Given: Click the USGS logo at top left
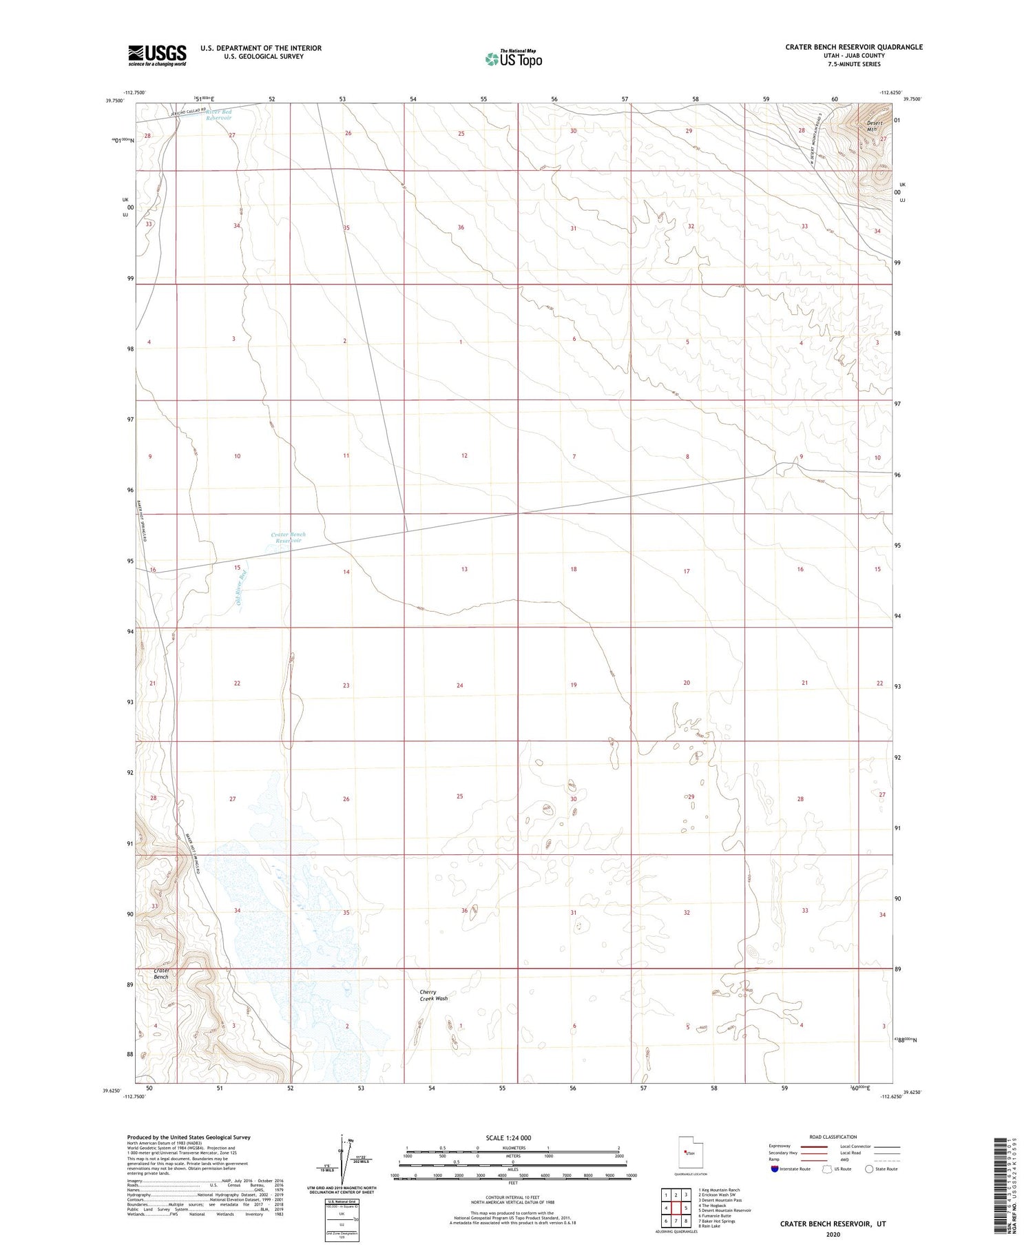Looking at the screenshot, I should pos(157,55).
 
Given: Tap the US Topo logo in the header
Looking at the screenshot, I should pos(514,59).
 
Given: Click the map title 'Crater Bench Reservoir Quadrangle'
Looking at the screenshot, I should pos(853,47).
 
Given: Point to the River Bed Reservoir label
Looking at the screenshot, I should pos(219,115).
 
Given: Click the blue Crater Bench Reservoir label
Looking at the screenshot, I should pos(288,537).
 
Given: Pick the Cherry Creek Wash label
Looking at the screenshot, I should pos(433,995).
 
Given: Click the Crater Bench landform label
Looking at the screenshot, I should pos(161,973).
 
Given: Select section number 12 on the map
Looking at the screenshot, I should pos(464,455).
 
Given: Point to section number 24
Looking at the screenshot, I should pos(459,685).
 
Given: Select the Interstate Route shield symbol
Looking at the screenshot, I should pos(775,1169).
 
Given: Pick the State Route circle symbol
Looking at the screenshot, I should pos(869,1169).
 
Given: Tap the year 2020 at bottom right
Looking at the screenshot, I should pos(833,1235).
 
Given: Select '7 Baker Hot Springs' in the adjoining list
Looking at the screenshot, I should pos(716,1221).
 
